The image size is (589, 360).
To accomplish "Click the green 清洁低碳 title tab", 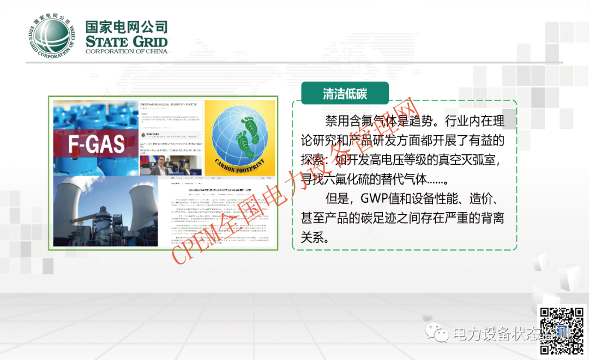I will tap(345, 93).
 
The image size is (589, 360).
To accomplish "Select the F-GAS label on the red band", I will tap(97, 143).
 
